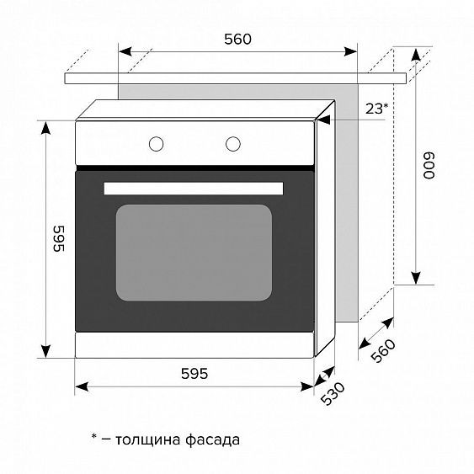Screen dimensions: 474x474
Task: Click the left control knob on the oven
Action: pos(157,142)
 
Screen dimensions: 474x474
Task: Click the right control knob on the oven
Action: pos(233,142)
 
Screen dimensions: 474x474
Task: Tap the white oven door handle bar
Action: pos(194,187)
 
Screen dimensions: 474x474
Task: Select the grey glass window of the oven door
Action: pos(194,252)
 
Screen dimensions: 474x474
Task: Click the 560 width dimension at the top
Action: pos(238,38)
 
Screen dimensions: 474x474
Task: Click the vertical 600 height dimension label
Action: pos(429,165)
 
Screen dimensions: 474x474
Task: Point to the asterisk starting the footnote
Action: pos(94,438)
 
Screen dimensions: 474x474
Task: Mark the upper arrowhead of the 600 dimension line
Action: pos(415,55)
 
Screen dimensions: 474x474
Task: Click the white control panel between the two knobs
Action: pos(194,142)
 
